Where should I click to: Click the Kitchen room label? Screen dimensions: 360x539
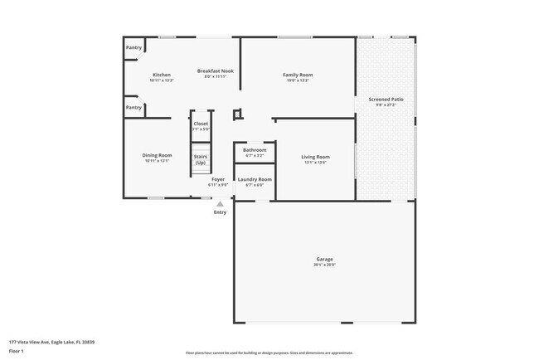(x=161, y=75)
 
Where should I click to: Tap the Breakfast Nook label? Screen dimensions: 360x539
(x=216, y=71)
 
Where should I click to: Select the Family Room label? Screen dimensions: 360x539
(x=298, y=75)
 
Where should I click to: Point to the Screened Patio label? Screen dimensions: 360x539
(x=386, y=100)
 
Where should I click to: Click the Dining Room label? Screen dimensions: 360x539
(x=158, y=155)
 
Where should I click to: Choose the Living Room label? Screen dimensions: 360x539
(x=315, y=157)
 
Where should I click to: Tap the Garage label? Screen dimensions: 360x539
(x=324, y=259)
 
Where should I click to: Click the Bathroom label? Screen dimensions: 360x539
(x=255, y=150)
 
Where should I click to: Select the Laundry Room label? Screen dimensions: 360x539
(x=255, y=179)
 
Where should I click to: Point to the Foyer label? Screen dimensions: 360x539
(x=218, y=179)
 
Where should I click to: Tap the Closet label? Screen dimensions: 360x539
(x=201, y=124)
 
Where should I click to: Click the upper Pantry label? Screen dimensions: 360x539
(x=134, y=48)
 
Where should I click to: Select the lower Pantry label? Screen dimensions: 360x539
(x=134, y=107)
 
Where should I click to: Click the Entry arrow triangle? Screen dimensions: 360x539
(x=220, y=203)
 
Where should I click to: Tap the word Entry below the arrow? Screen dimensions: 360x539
(x=220, y=212)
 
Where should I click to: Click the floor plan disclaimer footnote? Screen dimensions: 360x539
(x=269, y=353)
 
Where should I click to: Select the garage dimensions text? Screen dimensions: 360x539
(x=324, y=265)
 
